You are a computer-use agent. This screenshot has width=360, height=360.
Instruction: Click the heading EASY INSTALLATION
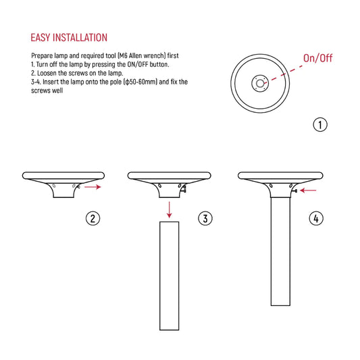(x=69, y=37)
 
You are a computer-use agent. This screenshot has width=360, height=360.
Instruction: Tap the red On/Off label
(x=317, y=58)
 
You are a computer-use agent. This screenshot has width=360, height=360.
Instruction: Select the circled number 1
(x=320, y=124)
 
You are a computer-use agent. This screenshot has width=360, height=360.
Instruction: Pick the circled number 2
(x=93, y=217)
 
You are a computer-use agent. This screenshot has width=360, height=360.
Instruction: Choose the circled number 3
(x=205, y=218)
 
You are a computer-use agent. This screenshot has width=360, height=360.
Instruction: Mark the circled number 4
(x=316, y=217)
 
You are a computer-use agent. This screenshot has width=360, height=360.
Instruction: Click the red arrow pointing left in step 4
(x=308, y=190)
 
